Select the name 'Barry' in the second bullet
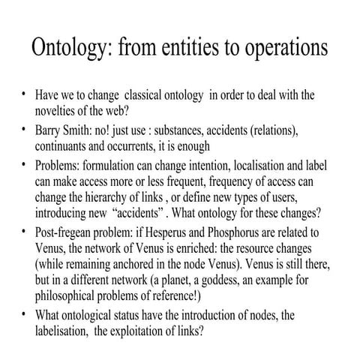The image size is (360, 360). (52, 130)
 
